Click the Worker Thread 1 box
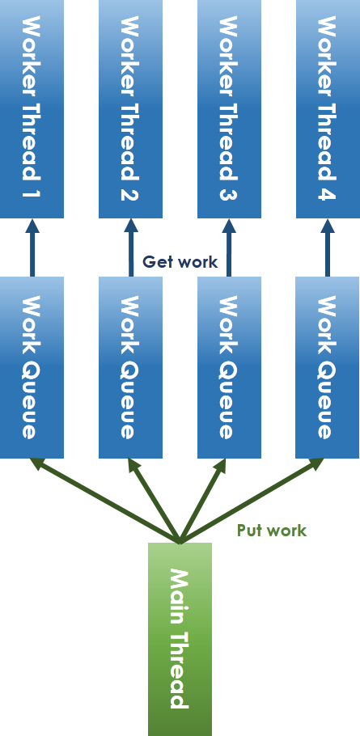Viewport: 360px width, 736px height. (x=32, y=109)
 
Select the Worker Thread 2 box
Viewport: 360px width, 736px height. (x=130, y=109)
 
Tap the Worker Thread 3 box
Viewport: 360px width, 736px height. (x=229, y=109)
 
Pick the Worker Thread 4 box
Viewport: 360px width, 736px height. (x=328, y=109)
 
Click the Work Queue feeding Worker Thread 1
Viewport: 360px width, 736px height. (x=32, y=367)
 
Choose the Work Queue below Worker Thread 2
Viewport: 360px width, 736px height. (x=130, y=367)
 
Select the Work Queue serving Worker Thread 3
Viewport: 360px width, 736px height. (x=229, y=367)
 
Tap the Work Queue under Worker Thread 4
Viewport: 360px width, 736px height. (x=328, y=367)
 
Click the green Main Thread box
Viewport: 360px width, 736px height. (x=180, y=639)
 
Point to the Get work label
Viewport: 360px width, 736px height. (x=180, y=261)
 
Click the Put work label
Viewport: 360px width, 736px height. (x=272, y=531)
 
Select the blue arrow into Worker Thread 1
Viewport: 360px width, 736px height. (x=32, y=247)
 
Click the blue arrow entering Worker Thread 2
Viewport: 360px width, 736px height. (x=131, y=247)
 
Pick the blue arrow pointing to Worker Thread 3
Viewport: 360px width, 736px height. (x=229, y=247)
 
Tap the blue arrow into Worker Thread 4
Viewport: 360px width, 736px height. (x=328, y=247)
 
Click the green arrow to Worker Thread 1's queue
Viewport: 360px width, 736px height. (x=104, y=501)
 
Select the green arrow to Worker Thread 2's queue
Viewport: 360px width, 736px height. (x=154, y=501)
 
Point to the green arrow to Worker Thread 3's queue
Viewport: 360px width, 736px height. (x=203, y=501)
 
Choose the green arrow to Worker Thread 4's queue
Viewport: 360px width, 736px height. (x=252, y=501)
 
